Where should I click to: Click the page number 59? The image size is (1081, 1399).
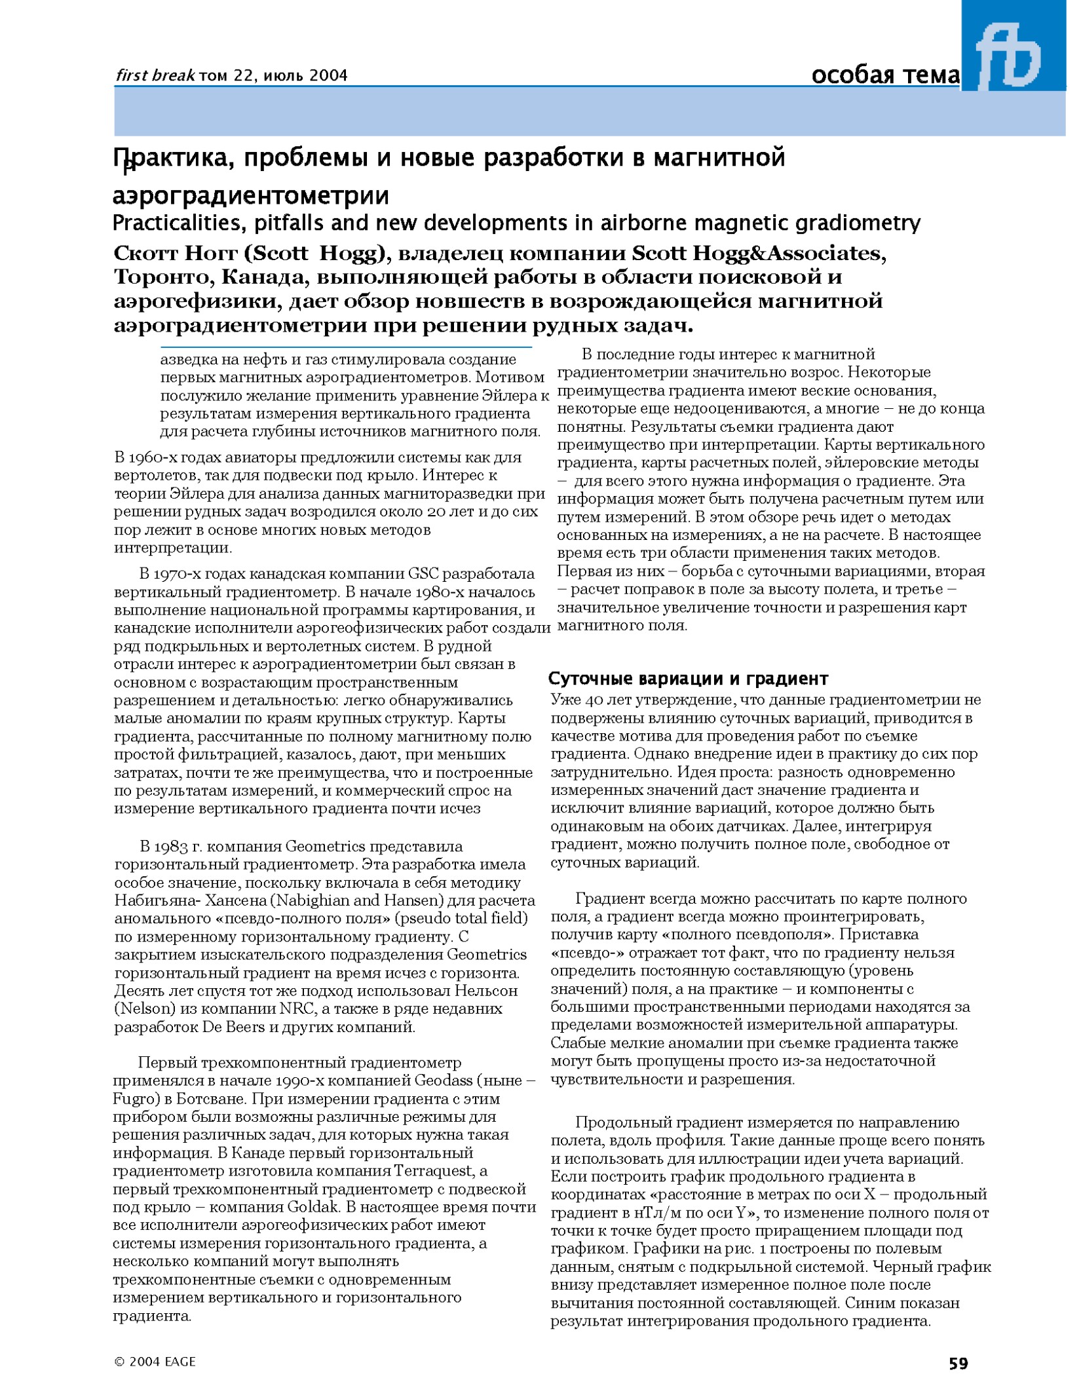958,1364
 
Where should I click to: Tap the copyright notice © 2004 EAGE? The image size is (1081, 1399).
155,1362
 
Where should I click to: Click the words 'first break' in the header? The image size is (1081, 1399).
155,75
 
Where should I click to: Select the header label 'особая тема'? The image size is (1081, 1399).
884,75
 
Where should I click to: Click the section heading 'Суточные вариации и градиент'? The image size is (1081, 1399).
688,678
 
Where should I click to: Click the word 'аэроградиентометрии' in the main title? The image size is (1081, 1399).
251,195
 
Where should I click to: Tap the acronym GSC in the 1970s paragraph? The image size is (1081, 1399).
423,574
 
